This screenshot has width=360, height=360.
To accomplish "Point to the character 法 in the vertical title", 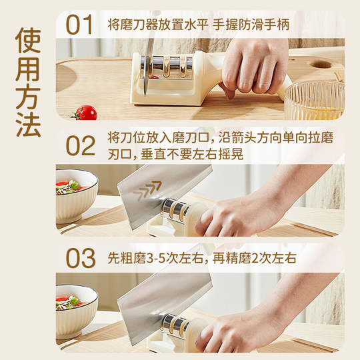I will click(x=27, y=122).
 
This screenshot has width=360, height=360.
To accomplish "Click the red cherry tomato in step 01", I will click(x=85, y=113).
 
